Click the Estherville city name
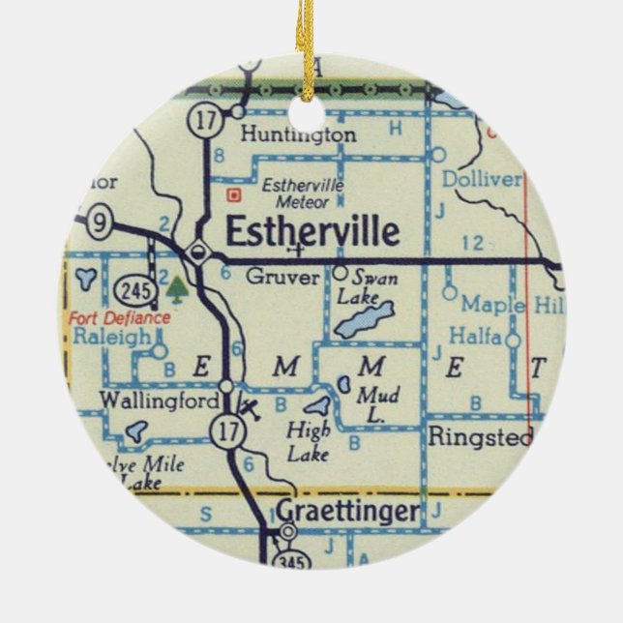pyautogui.click(x=311, y=233)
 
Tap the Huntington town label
pyautogui.click(x=298, y=135)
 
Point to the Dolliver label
pyautogui.click(x=481, y=180)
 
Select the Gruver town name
pyautogui.click(x=282, y=277)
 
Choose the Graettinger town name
pyautogui.click(x=349, y=510)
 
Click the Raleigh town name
pyautogui.click(x=112, y=338)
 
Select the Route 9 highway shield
pyautogui.click(x=99, y=222)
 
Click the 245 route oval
pyautogui.click(x=133, y=288)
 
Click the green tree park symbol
pyautogui.click(x=176, y=287)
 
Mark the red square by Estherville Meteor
pyautogui.click(x=231, y=194)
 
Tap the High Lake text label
pyautogui.click(x=310, y=440)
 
